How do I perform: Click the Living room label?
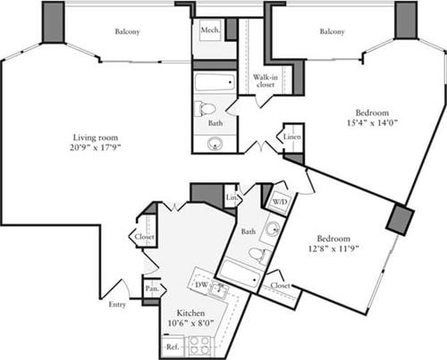[x=97, y=137]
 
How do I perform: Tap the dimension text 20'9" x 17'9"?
[x=97, y=148]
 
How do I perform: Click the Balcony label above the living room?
[x=127, y=32]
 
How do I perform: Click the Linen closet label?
[x=292, y=138]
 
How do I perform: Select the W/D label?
[x=279, y=200]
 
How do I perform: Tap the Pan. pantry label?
[x=152, y=289]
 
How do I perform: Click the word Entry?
[x=118, y=304]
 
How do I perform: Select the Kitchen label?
[x=190, y=313]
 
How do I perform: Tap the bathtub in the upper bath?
[x=214, y=85]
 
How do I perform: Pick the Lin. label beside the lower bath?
[x=231, y=197]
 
